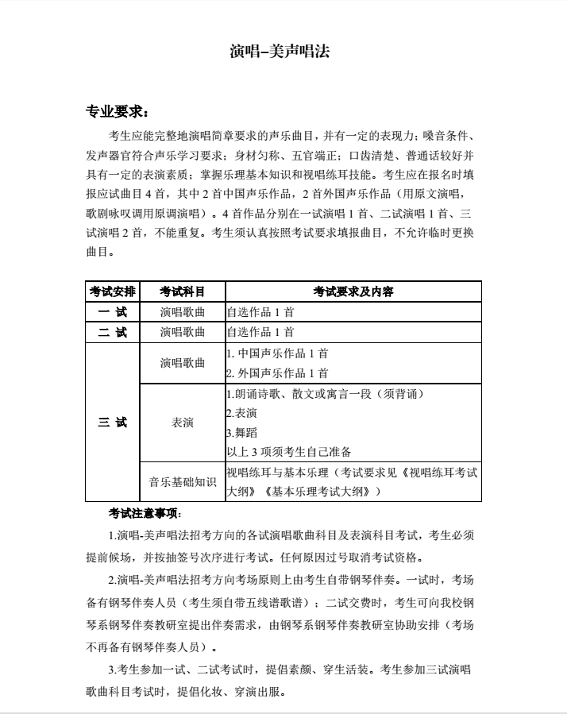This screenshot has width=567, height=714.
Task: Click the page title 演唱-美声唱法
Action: (279, 52)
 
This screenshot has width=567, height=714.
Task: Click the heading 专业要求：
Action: (116, 110)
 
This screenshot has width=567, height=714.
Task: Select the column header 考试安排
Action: (112, 291)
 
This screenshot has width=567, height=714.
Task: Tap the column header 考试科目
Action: (182, 291)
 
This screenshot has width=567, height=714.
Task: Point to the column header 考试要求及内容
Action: (353, 291)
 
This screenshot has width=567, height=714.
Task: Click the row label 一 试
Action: (112, 311)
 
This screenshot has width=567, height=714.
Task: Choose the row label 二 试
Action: (112, 332)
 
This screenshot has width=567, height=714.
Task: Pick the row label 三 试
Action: (112, 423)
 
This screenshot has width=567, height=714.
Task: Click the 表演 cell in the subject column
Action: (182, 423)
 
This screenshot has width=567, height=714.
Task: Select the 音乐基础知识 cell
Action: (182, 482)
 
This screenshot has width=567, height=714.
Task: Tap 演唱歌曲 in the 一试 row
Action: (182, 311)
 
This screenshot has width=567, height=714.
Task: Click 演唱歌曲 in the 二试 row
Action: (182, 332)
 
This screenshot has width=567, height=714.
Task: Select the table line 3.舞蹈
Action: (241, 433)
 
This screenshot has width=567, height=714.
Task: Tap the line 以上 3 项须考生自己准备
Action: (288, 452)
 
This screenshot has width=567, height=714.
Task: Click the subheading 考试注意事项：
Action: (145, 513)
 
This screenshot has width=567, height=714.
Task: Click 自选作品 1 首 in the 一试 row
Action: (260, 311)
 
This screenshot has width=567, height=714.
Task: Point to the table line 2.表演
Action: (241, 413)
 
